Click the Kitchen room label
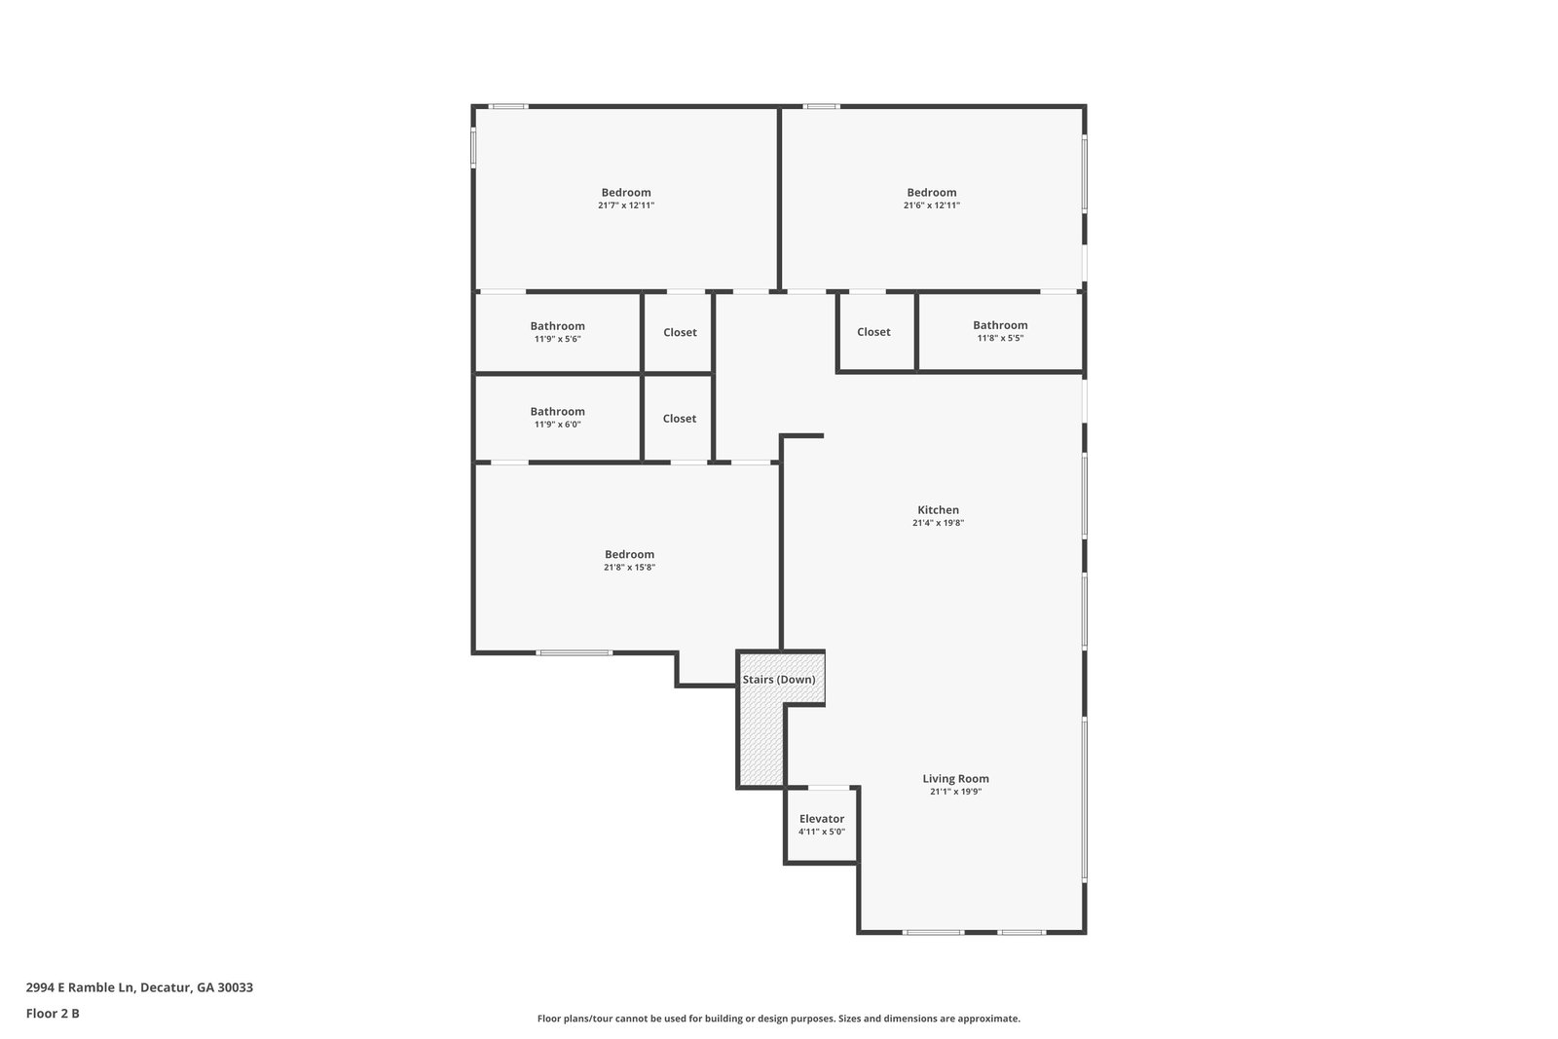938,510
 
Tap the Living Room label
955,779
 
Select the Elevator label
822,819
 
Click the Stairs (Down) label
779,680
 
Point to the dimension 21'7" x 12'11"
626,205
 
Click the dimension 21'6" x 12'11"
931,205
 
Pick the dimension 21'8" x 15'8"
629,567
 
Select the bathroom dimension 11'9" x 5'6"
557,339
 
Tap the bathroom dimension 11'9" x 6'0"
557,425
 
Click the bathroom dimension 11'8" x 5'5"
1000,338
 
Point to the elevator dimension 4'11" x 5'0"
822,832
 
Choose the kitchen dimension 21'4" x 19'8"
938,523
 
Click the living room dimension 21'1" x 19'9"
955,792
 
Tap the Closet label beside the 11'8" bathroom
873,332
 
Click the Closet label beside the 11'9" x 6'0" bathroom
680,418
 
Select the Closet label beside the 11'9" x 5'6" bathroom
680,332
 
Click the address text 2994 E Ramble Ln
80,987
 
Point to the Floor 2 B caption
53,1014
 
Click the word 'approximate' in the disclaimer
988,1019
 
